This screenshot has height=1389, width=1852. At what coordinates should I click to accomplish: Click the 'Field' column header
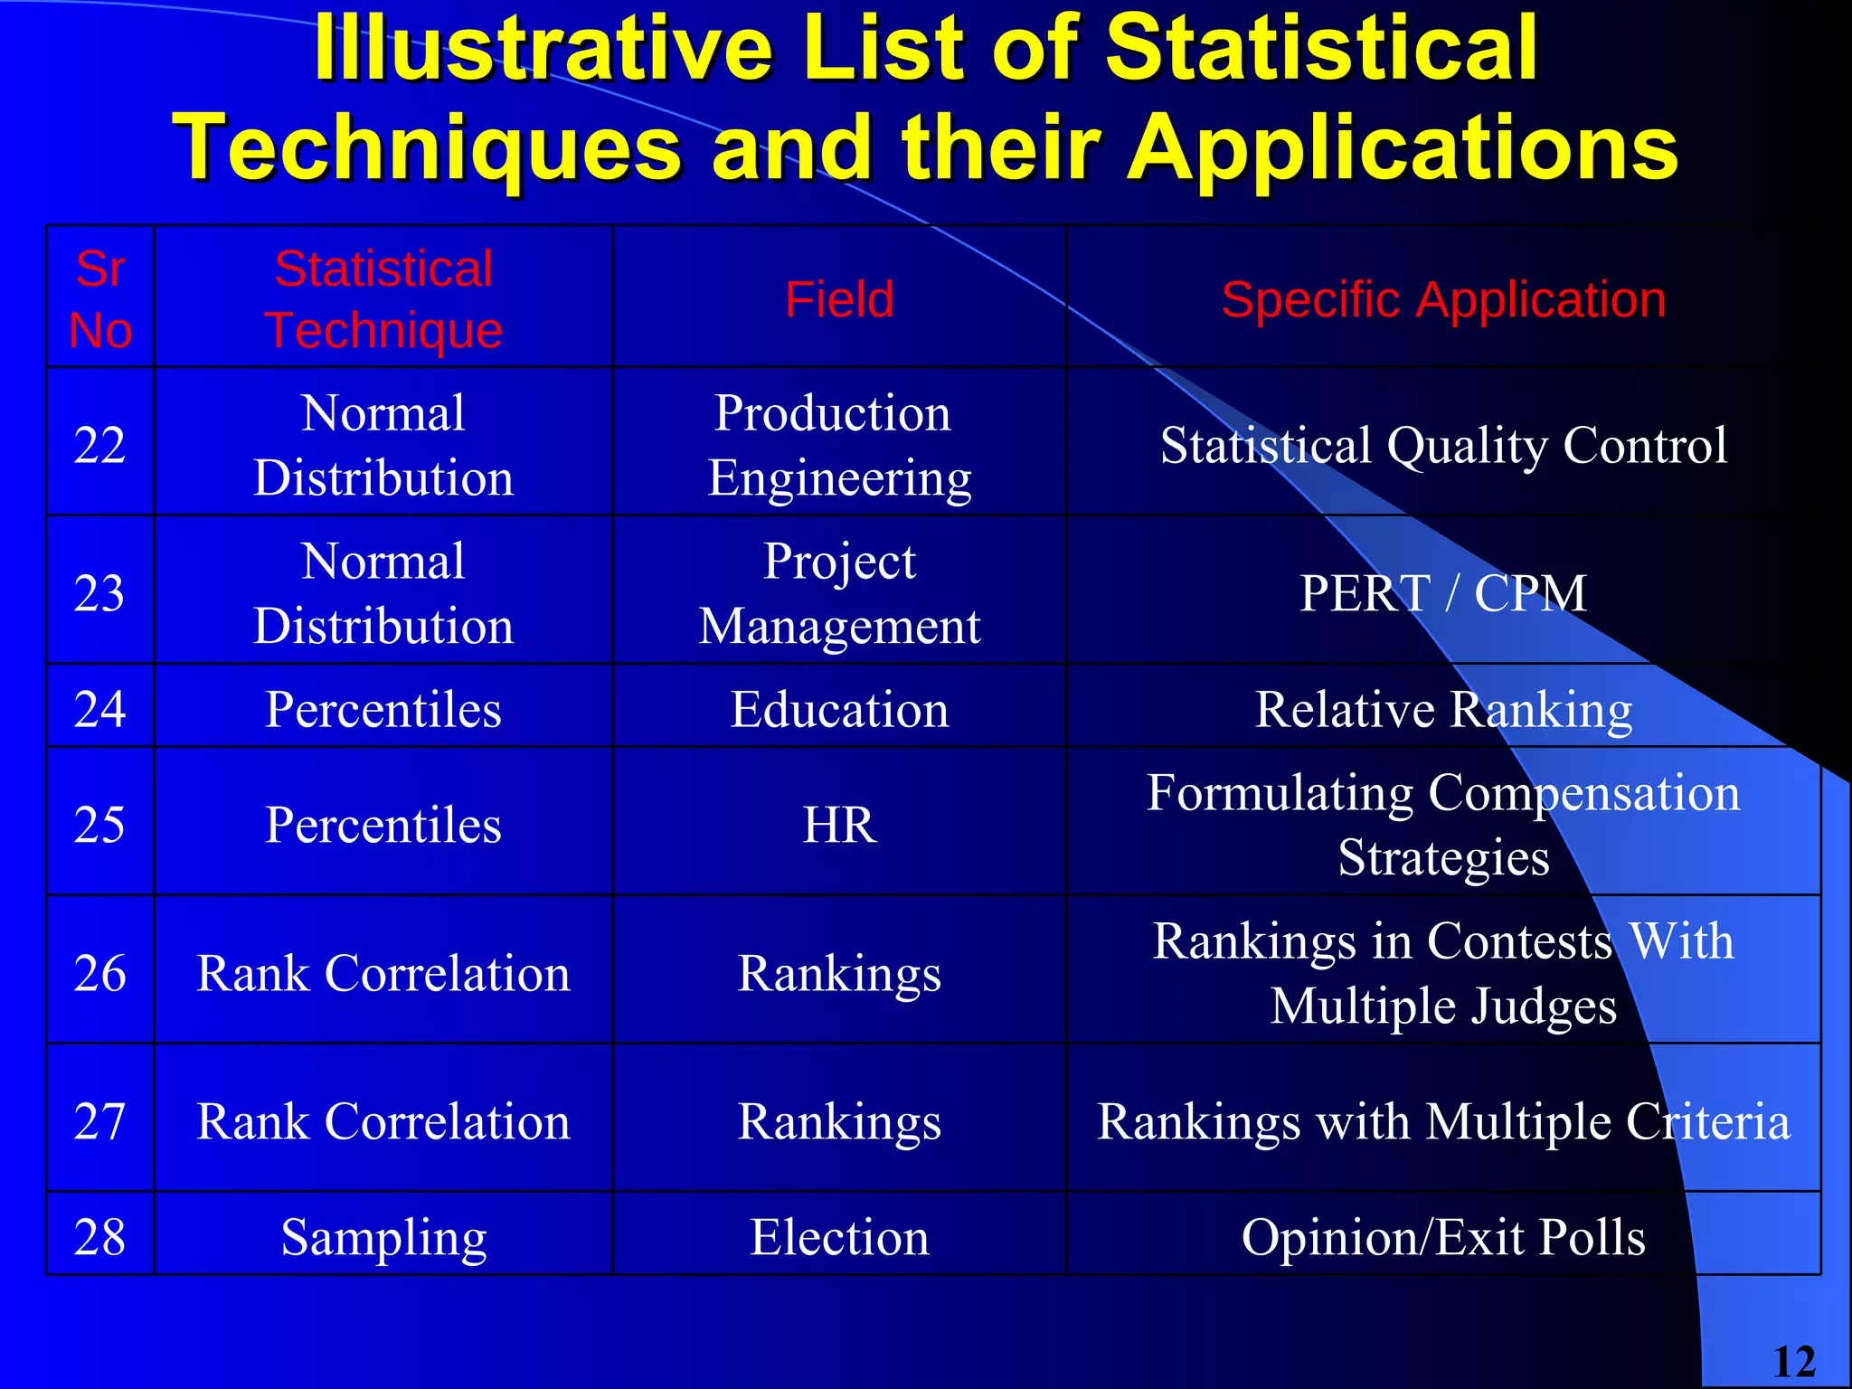tap(839, 299)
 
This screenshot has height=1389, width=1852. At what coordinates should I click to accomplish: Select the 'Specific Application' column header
tap(1443, 299)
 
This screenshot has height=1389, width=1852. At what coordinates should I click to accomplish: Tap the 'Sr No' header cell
tap(100, 299)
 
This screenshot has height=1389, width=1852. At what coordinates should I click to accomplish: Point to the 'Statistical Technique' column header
tap(383, 299)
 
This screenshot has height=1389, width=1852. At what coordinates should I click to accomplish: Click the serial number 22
tap(99, 445)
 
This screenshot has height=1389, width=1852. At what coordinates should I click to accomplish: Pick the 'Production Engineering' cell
tap(839, 445)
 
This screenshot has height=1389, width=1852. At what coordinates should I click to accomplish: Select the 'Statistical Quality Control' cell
tap(1443, 445)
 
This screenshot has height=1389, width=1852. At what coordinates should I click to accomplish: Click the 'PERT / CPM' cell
tap(1443, 593)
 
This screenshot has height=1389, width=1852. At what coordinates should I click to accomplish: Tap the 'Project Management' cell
tap(839, 593)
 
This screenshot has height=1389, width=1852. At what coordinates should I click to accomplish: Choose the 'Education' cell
tap(839, 709)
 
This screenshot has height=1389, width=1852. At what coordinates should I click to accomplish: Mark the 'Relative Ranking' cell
tap(1443, 709)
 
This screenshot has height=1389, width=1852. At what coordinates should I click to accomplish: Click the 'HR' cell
tap(839, 825)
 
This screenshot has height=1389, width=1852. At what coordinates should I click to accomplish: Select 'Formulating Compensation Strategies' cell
tap(1443, 825)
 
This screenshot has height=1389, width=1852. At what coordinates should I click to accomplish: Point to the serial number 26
tap(99, 973)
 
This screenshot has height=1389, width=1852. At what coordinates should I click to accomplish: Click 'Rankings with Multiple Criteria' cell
tap(1443, 1121)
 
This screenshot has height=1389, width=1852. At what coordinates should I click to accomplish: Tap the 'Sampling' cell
tap(383, 1237)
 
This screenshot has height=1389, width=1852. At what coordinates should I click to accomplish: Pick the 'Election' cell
tap(839, 1237)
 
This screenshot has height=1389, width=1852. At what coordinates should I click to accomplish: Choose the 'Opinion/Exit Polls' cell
tap(1443, 1237)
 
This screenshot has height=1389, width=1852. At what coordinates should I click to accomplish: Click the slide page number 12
tap(1794, 1362)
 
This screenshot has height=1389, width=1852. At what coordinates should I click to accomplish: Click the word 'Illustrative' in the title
tap(543, 50)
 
